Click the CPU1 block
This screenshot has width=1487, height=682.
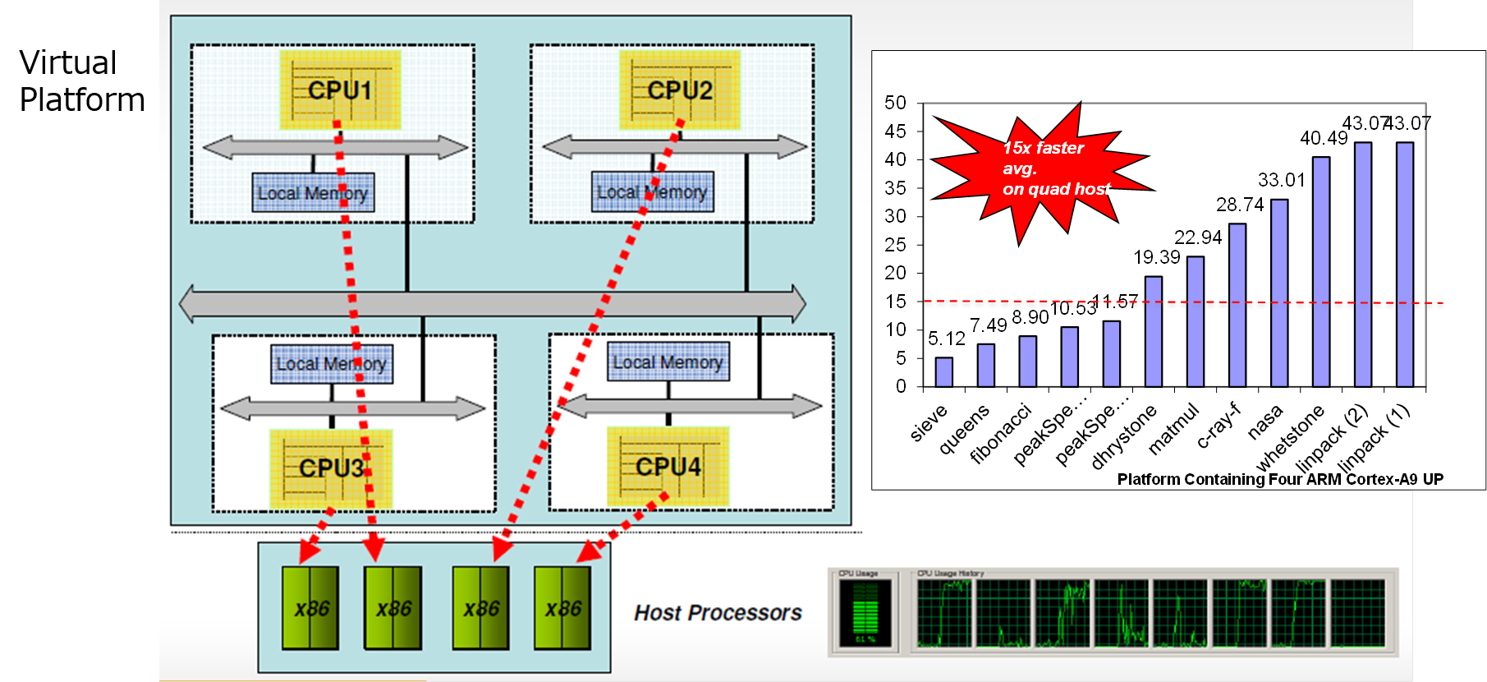[340, 90]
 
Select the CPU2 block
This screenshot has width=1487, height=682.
[679, 90]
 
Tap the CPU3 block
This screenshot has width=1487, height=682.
[331, 468]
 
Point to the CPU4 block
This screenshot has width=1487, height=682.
[668, 467]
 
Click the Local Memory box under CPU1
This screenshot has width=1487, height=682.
[313, 192]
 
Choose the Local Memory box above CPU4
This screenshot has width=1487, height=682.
[668, 362]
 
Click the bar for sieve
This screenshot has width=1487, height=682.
[944, 371]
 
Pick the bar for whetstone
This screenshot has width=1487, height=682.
[1320, 271]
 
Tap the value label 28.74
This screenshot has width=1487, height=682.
[1239, 205]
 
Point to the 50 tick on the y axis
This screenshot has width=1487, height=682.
[895, 103]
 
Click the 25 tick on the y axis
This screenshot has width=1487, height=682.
[895, 245]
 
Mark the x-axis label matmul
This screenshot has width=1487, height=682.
[1174, 429]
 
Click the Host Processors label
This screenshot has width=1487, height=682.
[718, 613]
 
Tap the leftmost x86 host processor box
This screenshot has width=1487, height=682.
[310, 608]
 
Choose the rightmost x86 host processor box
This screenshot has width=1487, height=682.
[562, 608]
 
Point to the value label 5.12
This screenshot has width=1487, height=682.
[946, 339]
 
